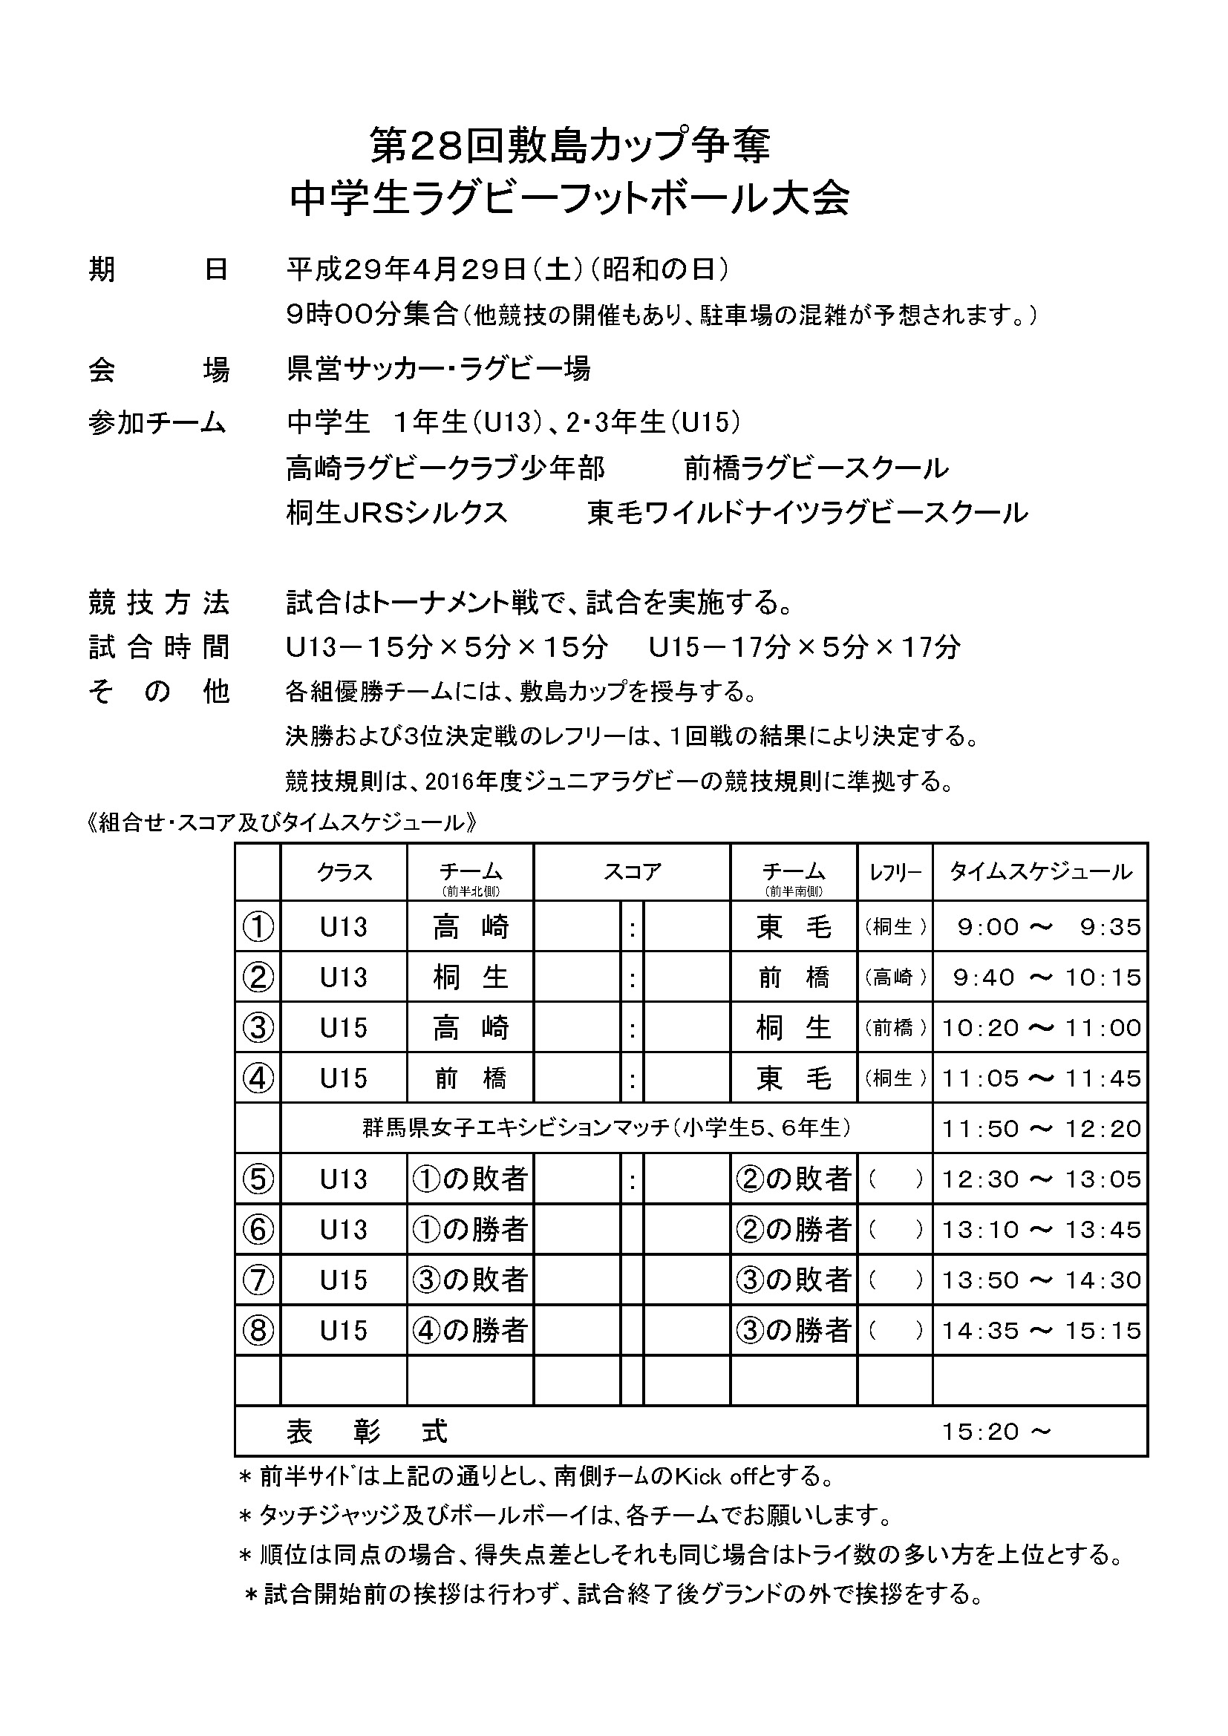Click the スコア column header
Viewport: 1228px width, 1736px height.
[631, 872]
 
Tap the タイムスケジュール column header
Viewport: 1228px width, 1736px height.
[1039, 872]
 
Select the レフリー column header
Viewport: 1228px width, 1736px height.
[895, 873]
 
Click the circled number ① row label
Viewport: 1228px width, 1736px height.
[257, 927]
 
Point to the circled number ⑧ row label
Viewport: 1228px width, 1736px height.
[257, 1331]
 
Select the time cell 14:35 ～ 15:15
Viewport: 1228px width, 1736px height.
[1039, 1331]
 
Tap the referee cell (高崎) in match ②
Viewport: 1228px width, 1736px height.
[895, 977]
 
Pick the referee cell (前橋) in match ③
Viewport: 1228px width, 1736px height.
[895, 1028]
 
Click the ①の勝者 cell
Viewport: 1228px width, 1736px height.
[469, 1230]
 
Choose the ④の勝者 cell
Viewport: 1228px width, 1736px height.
[469, 1331]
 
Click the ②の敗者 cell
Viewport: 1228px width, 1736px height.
[793, 1179]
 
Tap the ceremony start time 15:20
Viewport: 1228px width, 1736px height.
[981, 1431]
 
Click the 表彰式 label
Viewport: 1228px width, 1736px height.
[367, 1431]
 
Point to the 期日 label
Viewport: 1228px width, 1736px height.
[158, 269]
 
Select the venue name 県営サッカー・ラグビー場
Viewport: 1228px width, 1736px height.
[439, 369]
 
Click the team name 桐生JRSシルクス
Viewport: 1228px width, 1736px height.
[396, 513]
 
